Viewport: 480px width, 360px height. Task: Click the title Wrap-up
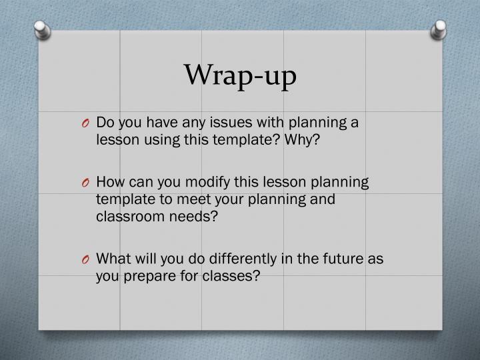(239, 76)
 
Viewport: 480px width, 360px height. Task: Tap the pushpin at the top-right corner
(439, 29)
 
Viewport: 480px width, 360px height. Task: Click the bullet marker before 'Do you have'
(87, 123)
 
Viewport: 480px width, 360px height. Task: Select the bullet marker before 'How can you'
(87, 183)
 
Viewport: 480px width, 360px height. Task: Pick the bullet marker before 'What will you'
(87, 260)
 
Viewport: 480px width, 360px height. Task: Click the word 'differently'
(219, 259)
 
